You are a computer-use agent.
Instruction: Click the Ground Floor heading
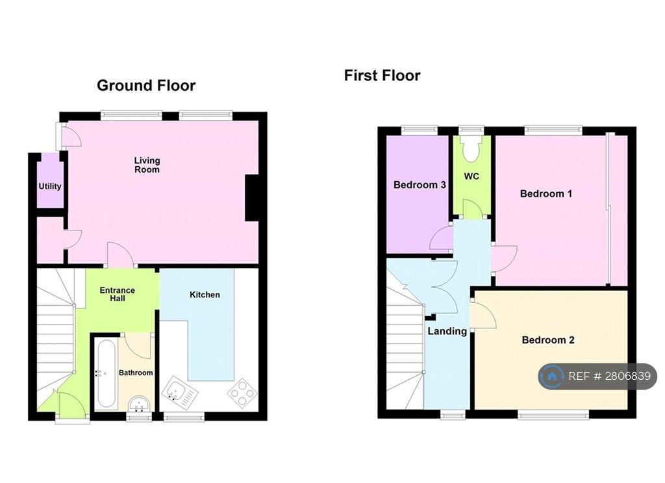[x=146, y=86]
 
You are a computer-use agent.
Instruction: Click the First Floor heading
[x=382, y=75]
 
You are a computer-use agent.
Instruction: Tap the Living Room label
[x=147, y=165]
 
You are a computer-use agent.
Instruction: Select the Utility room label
[x=50, y=186]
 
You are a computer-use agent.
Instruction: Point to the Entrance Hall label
[x=118, y=294]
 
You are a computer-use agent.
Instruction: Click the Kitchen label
[x=205, y=295]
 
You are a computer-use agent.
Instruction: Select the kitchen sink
[x=180, y=392]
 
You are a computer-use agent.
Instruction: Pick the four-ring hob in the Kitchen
[x=242, y=393]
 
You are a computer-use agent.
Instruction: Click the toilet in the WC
[x=471, y=149]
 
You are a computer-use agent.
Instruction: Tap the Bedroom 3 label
[x=420, y=185]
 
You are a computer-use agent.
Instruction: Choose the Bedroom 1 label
[x=546, y=194]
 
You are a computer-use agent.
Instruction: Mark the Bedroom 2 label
[x=548, y=340]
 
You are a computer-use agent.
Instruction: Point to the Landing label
[x=447, y=332]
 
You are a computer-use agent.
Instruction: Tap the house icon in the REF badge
[x=552, y=376]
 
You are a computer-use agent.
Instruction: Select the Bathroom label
[x=136, y=373]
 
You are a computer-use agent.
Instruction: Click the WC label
[x=471, y=177]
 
